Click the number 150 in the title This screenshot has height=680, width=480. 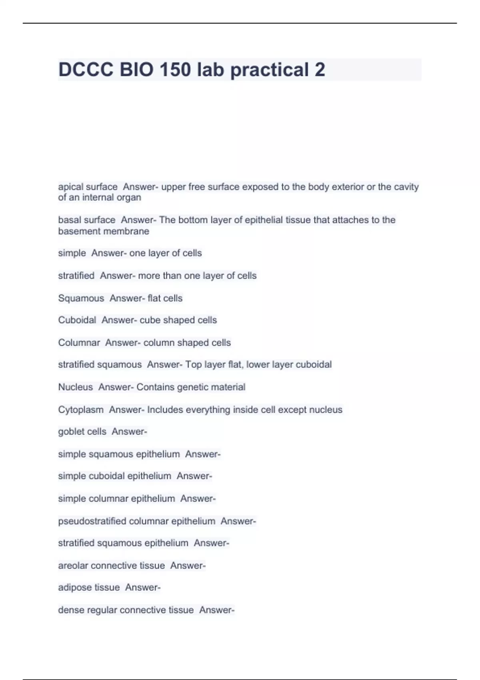point(175,70)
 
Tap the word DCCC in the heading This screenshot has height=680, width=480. point(86,70)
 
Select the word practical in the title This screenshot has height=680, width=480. point(269,70)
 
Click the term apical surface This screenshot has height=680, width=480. point(88,187)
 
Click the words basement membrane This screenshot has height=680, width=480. point(104,231)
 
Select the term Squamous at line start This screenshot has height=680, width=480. point(81,298)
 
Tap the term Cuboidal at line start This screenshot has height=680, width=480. point(77,320)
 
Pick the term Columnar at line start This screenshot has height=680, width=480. point(79,343)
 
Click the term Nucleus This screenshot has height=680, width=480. point(75,387)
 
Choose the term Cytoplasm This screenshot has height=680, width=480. point(80,410)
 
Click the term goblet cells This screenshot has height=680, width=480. point(82,432)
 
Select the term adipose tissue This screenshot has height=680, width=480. point(89,587)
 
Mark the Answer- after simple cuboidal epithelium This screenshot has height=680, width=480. point(194,476)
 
